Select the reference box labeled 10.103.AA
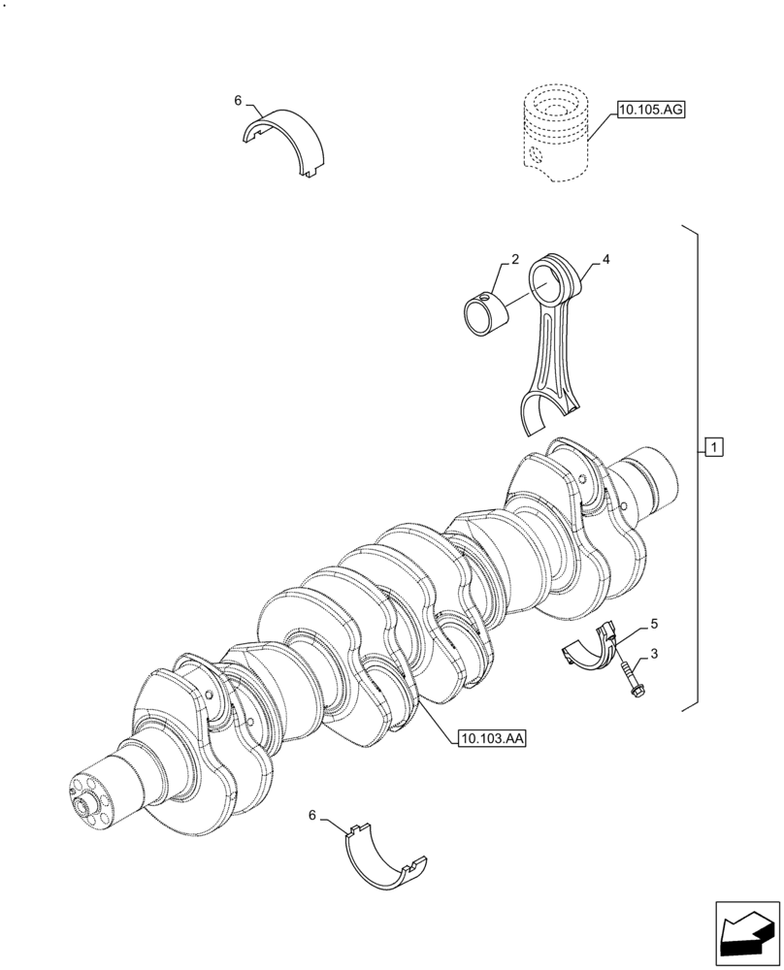pos(488,739)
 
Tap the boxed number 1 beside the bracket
pos(713,447)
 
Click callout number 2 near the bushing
pos(515,260)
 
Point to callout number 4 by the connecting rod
pos(605,260)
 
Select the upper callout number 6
pos(237,100)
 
